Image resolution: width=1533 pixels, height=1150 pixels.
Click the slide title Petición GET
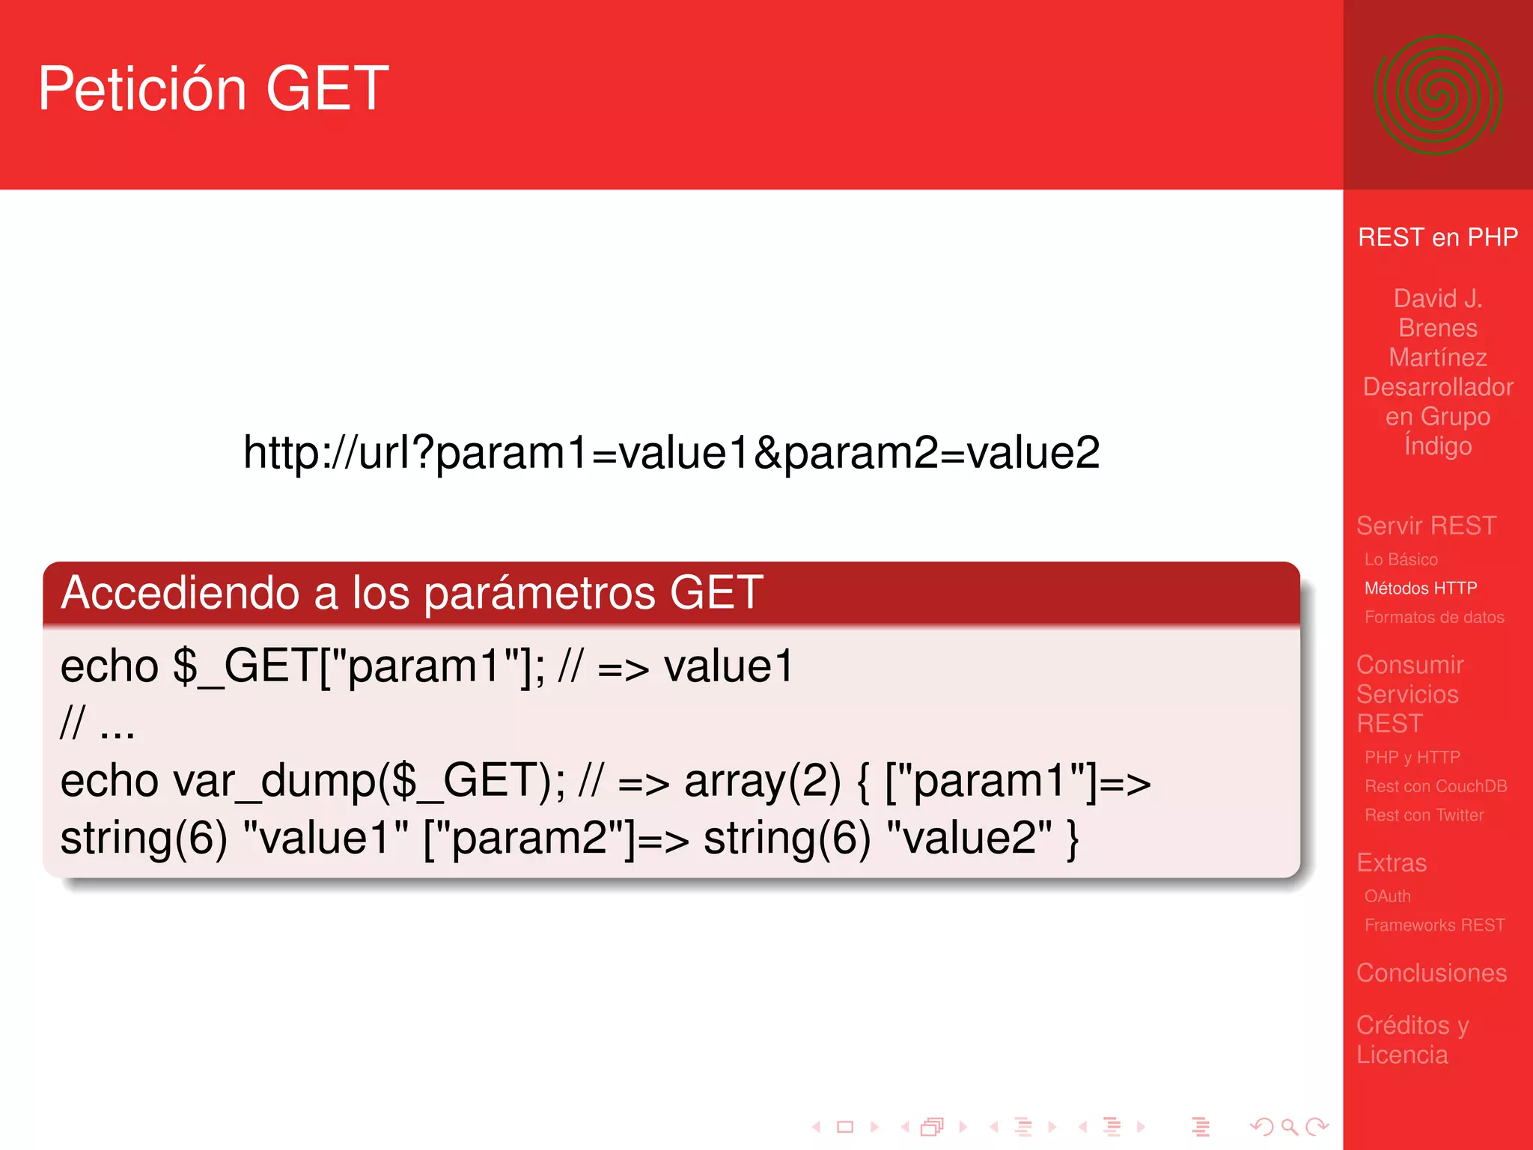pyautogui.click(x=213, y=89)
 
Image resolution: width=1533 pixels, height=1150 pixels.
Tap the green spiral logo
pyautogui.click(x=1437, y=95)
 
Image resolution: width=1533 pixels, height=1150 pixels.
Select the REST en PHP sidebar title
pyautogui.click(x=1437, y=237)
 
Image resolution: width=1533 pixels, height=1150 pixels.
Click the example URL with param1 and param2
pyautogui.click(x=671, y=453)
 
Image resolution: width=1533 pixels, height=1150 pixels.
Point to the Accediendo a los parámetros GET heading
pyautogui.click(x=412, y=593)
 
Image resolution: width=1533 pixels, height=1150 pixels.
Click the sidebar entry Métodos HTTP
pyautogui.click(x=1420, y=588)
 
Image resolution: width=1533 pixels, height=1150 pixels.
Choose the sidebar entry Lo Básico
pyautogui.click(x=1401, y=559)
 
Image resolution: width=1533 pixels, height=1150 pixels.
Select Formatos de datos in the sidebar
pyautogui.click(x=1433, y=618)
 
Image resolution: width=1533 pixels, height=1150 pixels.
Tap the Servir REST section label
pyautogui.click(x=1426, y=526)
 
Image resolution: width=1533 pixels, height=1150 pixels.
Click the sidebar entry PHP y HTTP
pyautogui.click(x=1412, y=758)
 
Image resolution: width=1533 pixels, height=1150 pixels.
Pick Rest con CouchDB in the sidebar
pyautogui.click(x=1435, y=786)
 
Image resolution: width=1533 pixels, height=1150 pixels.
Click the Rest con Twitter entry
pyautogui.click(x=1424, y=815)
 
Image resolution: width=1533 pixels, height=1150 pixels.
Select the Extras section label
pyautogui.click(x=1392, y=863)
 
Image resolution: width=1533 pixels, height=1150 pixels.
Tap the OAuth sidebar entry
pyautogui.click(x=1387, y=896)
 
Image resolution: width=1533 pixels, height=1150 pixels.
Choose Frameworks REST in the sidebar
pyautogui.click(x=1434, y=925)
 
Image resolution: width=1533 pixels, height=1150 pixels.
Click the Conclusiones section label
pyautogui.click(x=1431, y=973)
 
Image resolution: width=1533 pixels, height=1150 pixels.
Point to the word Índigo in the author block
pyautogui.click(x=1437, y=445)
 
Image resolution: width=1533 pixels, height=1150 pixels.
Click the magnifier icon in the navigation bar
pyautogui.click(x=1289, y=1127)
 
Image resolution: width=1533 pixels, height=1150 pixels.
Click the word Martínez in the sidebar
pyautogui.click(x=1437, y=358)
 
